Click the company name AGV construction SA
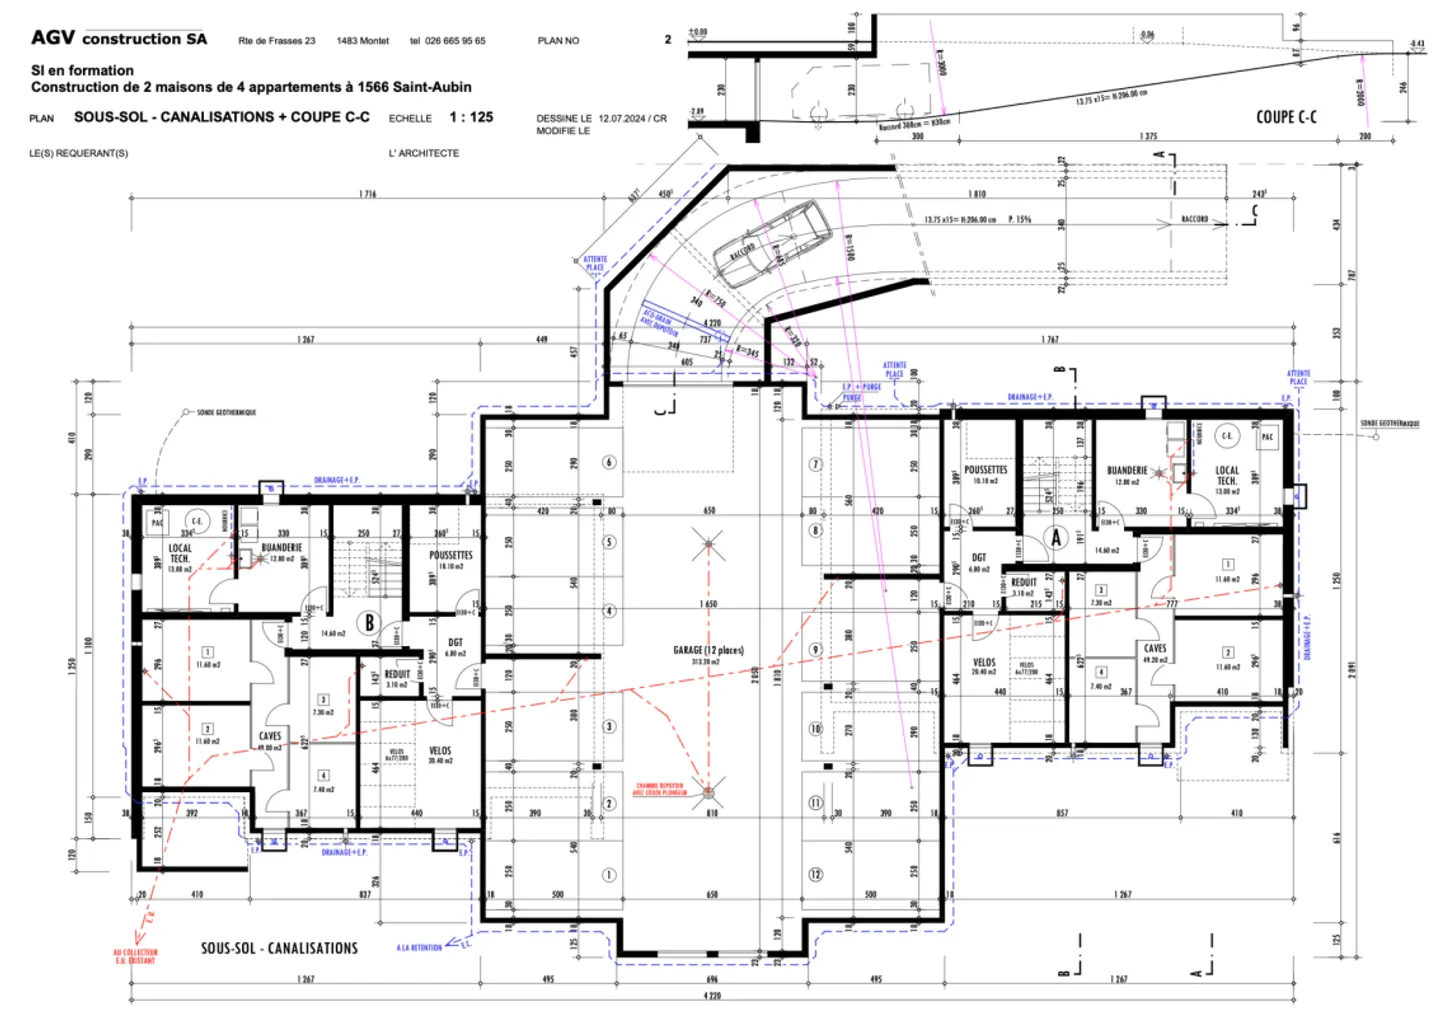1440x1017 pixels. pos(119,38)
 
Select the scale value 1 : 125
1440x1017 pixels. pos(471,117)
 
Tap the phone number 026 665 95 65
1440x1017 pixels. pos(455,41)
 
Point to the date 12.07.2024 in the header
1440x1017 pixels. pos(622,118)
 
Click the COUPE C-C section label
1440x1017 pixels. pos(1286,117)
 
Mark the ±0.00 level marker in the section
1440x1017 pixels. pos(698,32)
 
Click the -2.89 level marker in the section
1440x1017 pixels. pos(697,112)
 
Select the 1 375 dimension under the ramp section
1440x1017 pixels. pos(1148,137)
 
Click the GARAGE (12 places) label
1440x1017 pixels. pos(708,650)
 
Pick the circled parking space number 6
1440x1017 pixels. pos(609,462)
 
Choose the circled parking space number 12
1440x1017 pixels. pos(816,874)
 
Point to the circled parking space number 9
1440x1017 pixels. pos(816,650)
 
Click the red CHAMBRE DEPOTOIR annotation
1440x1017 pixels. pos(659,789)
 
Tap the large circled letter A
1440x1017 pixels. pos(1056,538)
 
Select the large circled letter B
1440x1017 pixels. pos(369,622)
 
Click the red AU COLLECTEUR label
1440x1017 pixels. pos(135,956)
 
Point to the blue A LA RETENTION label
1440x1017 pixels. pos(419,947)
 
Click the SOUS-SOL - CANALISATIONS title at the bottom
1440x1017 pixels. pos(279,948)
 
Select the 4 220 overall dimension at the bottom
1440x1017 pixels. pos(712,995)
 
